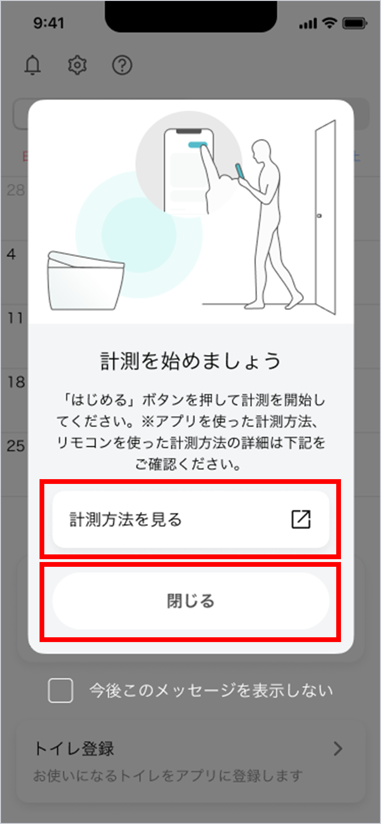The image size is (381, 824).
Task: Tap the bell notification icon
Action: [32, 65]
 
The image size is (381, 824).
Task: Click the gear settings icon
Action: [77, 65]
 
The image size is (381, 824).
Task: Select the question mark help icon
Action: [122, 65]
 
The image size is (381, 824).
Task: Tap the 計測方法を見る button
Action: [190, 519]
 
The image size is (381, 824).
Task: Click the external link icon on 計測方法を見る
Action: [301, 519]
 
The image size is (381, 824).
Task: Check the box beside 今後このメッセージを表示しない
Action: [60, 691]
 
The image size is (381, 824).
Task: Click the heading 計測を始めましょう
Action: [190, 361]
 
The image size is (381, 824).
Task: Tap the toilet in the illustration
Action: [85, 280]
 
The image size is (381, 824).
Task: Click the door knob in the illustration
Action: [319, 216]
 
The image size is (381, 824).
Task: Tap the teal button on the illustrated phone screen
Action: [197, 145]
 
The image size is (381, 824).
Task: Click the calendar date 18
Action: [16, 382]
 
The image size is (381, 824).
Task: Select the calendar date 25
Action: [16, 446]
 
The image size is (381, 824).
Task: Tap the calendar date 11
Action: [16, 318]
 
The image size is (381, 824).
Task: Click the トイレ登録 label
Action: [74, 749]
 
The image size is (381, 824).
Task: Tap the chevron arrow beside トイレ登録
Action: [338, 749]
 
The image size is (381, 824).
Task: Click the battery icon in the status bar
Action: [355, 23]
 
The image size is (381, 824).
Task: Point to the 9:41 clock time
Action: [49, 23]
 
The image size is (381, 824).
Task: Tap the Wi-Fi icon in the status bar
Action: [330, 23]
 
